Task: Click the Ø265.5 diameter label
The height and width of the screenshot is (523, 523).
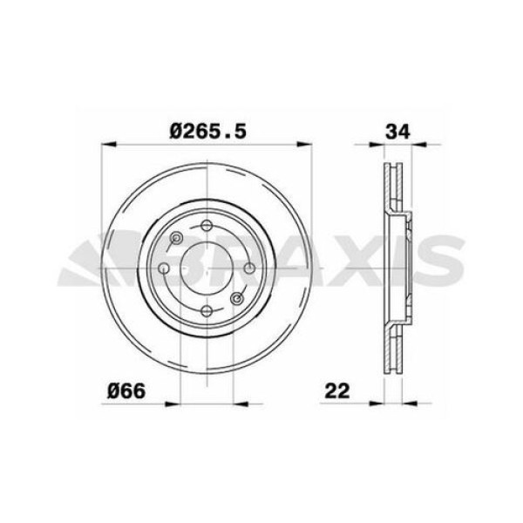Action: [x=209, y=131]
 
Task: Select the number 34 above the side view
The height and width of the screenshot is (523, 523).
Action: [x=397, y=131]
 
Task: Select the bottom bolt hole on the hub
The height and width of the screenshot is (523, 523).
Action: [x=207, y=311]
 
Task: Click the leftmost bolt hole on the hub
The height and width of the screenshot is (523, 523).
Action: [x=164, y=268]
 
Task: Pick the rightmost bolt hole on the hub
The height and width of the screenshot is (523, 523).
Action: [x=249, y=268]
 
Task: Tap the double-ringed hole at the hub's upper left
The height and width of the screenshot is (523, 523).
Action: [x=177, y=238]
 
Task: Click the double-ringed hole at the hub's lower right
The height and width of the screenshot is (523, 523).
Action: [x=237, y=299]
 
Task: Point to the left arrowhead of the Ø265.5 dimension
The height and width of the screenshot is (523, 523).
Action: [x=107, y=145]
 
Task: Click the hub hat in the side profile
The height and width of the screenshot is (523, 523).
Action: [x=404, y=266]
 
